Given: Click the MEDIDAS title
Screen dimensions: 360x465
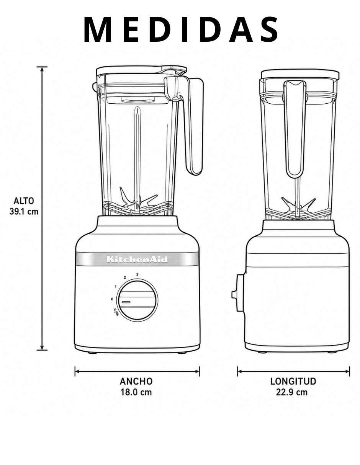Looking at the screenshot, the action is [x=181, y=29].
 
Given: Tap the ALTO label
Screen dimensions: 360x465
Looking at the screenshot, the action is [x=23, y=201].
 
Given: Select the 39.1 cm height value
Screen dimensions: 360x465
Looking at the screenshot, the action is [x=24, y=212].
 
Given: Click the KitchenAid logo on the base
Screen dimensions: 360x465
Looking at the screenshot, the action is [x=137, y=259].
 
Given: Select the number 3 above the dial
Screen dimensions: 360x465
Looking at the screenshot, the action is [x=137, y=274].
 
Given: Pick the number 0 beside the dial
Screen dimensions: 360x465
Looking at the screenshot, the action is [x=112, y=299].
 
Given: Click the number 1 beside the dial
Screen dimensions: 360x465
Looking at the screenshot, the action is [x=116, y=287].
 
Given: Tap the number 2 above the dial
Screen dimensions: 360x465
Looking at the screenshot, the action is [x=125, y=278].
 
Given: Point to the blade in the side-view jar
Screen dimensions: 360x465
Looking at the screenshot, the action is [x=298, y=207].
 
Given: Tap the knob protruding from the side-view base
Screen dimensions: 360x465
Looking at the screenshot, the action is [x=238, y=295].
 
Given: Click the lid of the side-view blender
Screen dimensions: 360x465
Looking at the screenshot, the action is [x=300, y=74].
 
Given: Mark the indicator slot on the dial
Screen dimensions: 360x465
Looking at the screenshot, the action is [x=126, y=302].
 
